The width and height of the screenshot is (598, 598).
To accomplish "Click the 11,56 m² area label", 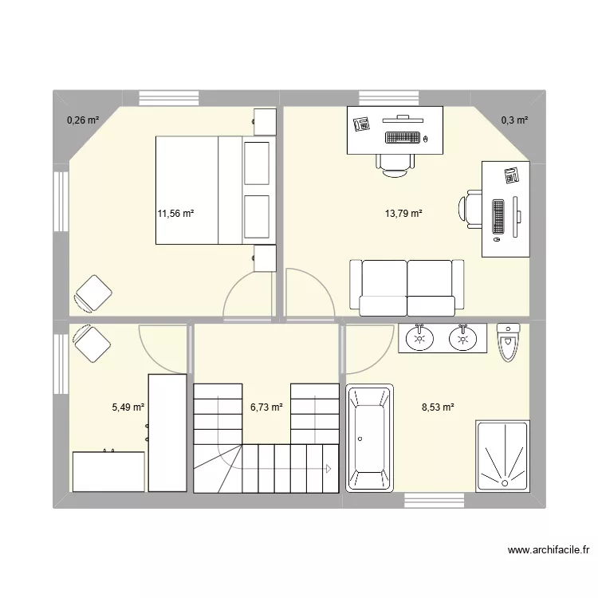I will pyautogui.click(x=176, y=214).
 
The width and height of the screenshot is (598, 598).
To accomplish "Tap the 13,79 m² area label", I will pyautogui.click(x=403, y=214).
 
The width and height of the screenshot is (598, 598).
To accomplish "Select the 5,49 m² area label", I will pyautogui.click(x=128, y=407).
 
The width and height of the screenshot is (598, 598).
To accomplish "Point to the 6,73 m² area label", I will pyautogui.click(x=266, y=407).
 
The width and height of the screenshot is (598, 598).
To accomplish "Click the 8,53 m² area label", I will pyautogui.click(x=438, y=407).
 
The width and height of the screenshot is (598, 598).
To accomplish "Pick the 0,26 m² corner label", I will pyautogui.click(x=83, y=120).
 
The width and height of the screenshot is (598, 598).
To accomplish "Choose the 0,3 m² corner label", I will pyautogui.click(x=514, y=120).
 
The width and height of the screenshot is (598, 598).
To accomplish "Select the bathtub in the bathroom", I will pyautogui.click(x=370, y=438).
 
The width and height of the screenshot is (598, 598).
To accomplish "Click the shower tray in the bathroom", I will pyautogui.click(x=502, y=455).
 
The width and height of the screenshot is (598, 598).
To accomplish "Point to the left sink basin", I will pyautogui.click(x=419, y=339).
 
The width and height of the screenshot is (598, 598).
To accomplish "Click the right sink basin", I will pyautogui.click(x=462, y=339).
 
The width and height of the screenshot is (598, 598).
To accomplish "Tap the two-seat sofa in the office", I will pyautogui.click(x=407, y=287).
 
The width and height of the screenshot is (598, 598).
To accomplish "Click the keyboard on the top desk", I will pyautogui.click(x=402, y=137).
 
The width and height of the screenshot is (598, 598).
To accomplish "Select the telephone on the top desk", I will pyautogui.click(x=361, y=124).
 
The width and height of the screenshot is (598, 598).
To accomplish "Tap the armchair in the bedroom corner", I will pyautogui.click(x=92, y=293).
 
